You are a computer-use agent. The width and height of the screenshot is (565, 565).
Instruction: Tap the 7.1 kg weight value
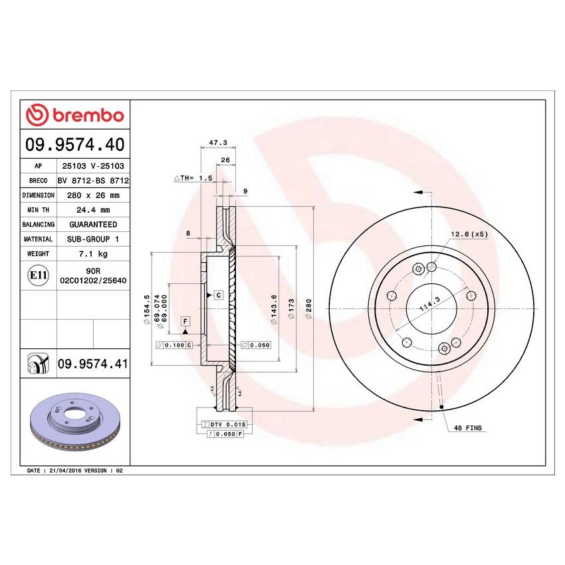[x=92, y=254]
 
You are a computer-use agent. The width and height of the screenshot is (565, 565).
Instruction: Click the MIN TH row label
[x=38, y=210]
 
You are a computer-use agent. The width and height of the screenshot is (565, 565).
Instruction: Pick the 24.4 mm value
[x=92, y=210]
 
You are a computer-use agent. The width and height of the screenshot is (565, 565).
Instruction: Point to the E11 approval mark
[x=38, y=276]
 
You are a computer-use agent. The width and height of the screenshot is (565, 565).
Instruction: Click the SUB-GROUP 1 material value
[x=92, y=239]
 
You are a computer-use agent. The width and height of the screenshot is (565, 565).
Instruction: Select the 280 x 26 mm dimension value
[x=92, y=195]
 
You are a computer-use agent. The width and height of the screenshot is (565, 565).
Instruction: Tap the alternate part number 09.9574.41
[x=92, y=364]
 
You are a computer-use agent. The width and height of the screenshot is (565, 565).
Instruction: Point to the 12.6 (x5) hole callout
[x=469, y=234]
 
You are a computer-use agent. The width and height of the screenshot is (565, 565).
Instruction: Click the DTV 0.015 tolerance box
[x=228, y=424]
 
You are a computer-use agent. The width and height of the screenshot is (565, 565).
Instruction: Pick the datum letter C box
[x=217, y=294]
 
